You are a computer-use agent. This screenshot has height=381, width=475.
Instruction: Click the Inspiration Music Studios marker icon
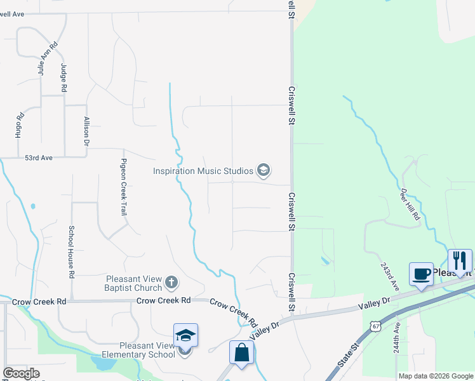tap(264, 170)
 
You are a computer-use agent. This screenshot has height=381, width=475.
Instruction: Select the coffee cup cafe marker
tap(421, 274)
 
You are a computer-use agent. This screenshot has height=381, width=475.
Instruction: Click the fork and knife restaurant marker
tap(460, 260)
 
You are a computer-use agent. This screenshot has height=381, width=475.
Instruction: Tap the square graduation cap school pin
tap(186, 335)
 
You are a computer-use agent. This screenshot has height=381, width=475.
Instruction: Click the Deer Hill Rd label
tap(410, 204)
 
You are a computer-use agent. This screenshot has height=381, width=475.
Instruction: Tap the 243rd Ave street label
tap(389, 275)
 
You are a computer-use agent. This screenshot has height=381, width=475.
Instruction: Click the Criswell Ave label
tap(12, 13)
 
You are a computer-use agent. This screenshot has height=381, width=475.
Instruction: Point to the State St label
tap(349, 355)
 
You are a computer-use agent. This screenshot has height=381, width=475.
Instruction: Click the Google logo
tap(21, 373)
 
